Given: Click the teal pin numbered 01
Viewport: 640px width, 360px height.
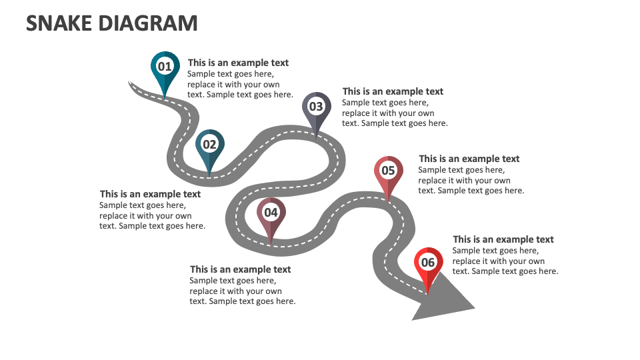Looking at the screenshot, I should pyautogui.click(x=165, y=67).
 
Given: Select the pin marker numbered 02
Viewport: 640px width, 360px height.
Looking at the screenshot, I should pyautogui.click(x=210, y=145).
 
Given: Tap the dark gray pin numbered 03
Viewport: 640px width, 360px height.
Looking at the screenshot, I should pyautogui.click(x=316, y=107).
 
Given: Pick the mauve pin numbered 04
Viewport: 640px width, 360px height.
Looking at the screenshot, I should pyautogui.click(x=271, y=213).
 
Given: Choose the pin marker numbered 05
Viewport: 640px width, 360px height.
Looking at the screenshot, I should pyautogui.click(x=388, y=171).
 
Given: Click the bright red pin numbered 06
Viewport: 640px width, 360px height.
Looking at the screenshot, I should pyautogui.click(x=428, y=263).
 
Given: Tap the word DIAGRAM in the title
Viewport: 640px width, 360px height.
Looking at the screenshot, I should pyautogui.click(x=148, y=23).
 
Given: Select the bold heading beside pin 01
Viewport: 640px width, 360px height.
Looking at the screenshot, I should pyautogui.click(x=238, y=63).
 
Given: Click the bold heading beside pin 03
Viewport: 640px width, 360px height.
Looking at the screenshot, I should pyautogui.click(x=393, y=91).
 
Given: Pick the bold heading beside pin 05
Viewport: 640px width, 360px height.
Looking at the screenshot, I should pyautogui.click(x=469, y=159).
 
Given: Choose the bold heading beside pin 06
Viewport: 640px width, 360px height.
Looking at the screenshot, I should pyautogui.click(x=503, y=239).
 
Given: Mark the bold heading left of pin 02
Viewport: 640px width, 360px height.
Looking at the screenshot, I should pyautogui.click(x=150, y=195).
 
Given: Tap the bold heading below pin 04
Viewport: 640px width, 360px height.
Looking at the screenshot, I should pyautogui.click(x=240, y=269).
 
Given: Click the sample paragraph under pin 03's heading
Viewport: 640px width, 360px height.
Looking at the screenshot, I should pyautogui.click(x=394, y=113).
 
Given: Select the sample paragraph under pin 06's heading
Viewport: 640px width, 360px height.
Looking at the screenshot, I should pyautogui.click(x=505, y=261).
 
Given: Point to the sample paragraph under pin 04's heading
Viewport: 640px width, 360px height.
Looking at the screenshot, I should pyautogui.click(x=242, y=291).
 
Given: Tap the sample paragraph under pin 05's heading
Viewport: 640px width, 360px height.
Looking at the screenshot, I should pyautogui.click(x=471, y=181).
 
